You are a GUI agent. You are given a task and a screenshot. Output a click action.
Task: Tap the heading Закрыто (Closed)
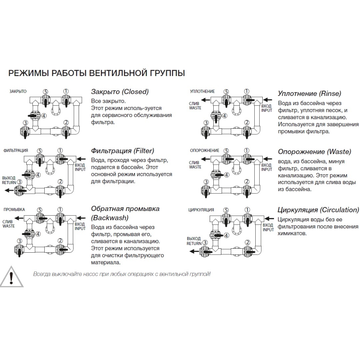[x=120, y=92]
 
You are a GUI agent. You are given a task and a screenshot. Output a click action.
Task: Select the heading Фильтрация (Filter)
[x=123, y=151]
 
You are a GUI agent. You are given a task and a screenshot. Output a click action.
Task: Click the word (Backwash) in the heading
[x=110, y=218]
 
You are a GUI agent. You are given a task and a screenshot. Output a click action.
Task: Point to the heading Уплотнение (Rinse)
[x=309, y=93]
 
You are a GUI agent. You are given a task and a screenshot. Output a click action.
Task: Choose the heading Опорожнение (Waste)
[x=315, y=152]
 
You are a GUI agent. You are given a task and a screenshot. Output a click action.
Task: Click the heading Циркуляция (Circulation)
[x=318, y=210]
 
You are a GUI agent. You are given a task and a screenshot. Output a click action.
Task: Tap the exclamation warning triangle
[x=11, y=277]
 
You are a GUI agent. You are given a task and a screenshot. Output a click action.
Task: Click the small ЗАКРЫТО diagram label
[x=18, y=91]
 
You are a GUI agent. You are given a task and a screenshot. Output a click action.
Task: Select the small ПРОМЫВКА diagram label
[x=14, y=210]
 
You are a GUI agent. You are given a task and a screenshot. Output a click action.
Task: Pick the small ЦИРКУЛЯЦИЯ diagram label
[x=201, y=210]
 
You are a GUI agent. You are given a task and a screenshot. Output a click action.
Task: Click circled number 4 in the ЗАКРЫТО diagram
[x=44, y=116]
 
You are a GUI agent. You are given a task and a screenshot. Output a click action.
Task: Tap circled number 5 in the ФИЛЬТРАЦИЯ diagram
[x=40, y=151]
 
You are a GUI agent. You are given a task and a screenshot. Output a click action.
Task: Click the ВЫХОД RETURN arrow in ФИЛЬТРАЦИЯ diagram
[x=9, y=190]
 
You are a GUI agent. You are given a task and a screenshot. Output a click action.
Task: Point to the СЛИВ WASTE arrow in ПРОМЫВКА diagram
[x=19, y=218]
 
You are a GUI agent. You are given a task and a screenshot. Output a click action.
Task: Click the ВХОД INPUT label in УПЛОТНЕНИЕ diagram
[x=267, y=108]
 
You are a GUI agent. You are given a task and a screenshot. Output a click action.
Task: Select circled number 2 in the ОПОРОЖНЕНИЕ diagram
[x=247, y=182]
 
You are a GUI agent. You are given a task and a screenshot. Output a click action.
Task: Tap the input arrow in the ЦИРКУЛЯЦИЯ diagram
[x=269, y=219]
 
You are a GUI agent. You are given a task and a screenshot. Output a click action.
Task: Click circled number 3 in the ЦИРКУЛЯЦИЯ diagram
[x=205, y=242]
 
